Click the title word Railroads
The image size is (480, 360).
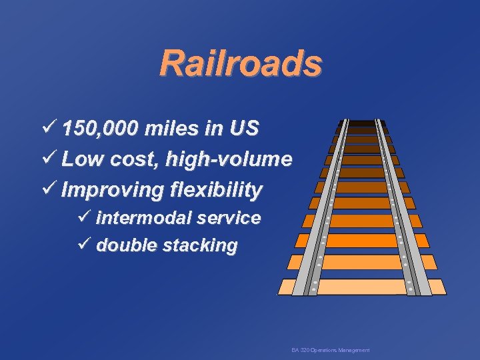pos(241,63)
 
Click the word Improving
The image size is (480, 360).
pos(110,190)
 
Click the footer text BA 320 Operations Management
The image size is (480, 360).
pos(330,351)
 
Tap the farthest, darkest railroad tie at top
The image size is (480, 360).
pos(362,123)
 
